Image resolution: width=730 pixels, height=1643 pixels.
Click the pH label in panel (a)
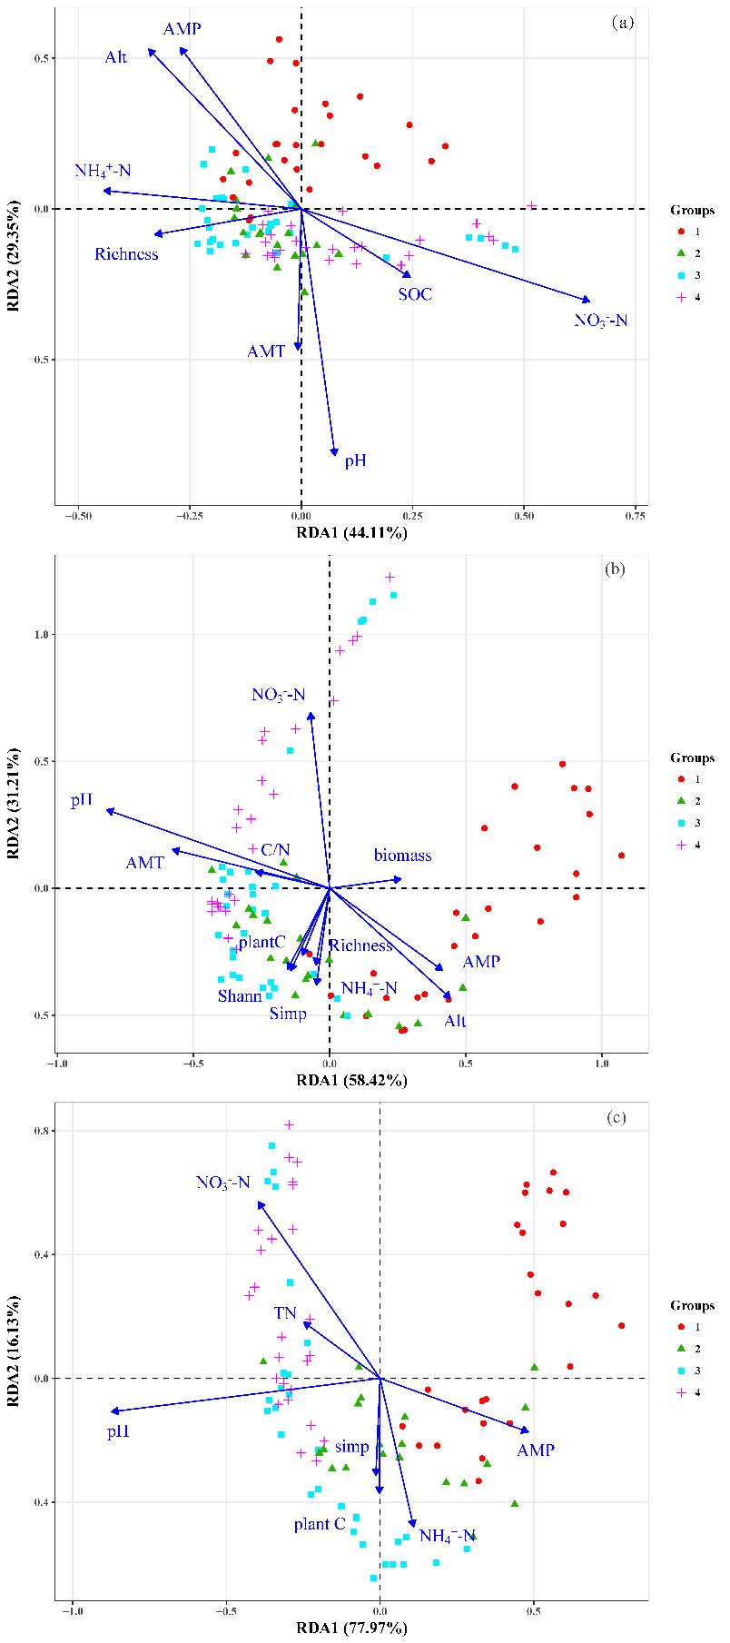(355, 461)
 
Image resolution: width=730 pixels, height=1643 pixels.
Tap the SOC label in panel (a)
(414, 294)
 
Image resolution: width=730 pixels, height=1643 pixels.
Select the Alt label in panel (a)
(115, 57)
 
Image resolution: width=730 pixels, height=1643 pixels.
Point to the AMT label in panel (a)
(266, 351)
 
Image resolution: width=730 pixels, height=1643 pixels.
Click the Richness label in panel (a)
(126, 254)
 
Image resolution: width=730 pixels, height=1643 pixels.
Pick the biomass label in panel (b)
(402, 856)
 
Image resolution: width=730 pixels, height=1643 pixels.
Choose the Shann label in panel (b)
(240, 996)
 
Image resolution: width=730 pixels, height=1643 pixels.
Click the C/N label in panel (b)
(275, 850)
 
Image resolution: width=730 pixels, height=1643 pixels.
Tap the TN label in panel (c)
(285, 1314)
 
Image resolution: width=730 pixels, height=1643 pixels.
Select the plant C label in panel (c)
(320, 1524)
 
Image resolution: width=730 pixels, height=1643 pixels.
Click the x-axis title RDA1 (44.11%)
(351, 532)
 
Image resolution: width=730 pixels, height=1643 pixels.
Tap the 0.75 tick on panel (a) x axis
(635, 516)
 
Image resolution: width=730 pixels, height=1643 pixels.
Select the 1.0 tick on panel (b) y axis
(41, 635)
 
